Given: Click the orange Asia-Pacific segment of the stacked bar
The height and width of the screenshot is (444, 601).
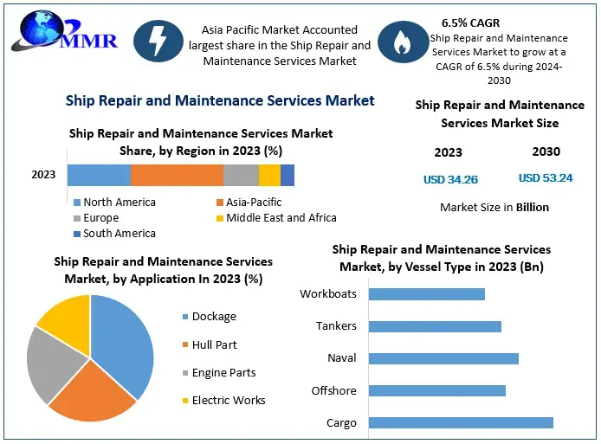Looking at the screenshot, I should pos(177,175).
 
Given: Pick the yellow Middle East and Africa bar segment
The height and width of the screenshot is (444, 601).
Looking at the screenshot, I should pos(269,175).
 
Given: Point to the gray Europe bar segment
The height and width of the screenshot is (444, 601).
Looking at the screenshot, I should pos(241,175).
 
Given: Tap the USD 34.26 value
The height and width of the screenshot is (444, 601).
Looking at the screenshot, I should pos(450,180).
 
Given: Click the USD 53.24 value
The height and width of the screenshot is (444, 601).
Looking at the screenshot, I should pos(546,178).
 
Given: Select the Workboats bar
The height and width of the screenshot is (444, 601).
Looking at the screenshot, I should pos(426,294).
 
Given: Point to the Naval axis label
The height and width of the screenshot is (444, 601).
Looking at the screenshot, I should pos(342,358).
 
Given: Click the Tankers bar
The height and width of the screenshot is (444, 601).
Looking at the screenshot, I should pos(435,326).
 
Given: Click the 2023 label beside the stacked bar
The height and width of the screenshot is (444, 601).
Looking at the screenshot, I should pos(43,175).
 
